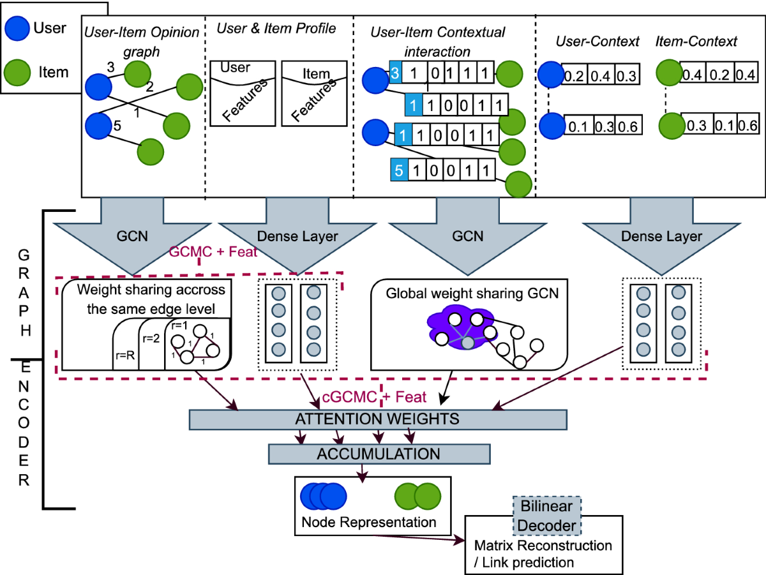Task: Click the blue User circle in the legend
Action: (x=17, y=28)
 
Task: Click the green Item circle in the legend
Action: (x=17, y=73)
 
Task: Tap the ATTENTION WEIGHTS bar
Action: (x=378, y=419)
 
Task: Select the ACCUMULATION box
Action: (x=379, y=454)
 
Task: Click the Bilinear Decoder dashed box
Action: (x=547, y=516)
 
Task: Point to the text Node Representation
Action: (x=369, y=522)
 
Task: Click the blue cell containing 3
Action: (x=395, y=73)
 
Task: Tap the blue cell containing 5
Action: (x=399, y=170)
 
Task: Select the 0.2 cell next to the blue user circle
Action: (x=574, y=75)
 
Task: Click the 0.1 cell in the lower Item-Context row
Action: (x=725, y=124)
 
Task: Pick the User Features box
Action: (x=243, y=94)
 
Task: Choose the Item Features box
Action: (x=314, y=94)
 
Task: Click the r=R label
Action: (x=125, y=355)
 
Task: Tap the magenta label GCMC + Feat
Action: (x=213, y=251)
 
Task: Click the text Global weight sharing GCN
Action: (x=472, y=294)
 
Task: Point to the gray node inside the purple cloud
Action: (x=468, y=343)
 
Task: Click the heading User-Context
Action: (x=597, y=41)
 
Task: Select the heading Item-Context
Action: (x=696, y=41)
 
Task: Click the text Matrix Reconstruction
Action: (x=543, y=546)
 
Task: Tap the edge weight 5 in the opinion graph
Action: (x=117, y=126)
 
